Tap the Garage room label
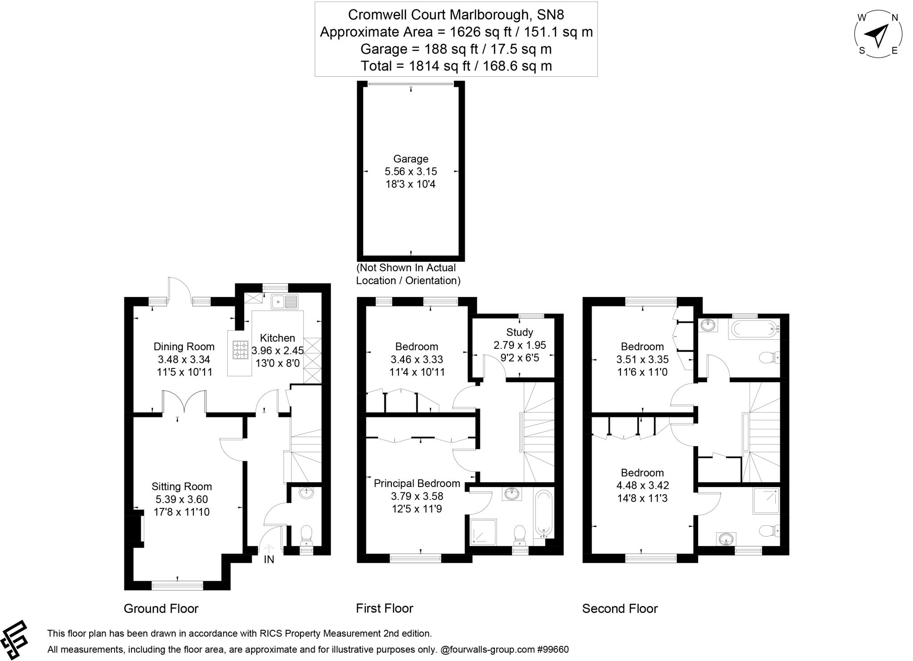(411, 159)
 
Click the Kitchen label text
(277, 338)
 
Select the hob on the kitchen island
(240, 350)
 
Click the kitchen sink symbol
(284, 302)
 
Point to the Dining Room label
(184, 347)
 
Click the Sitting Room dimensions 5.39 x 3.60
(181, 500)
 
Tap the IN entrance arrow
(269, 549)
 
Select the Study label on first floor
(519, 332)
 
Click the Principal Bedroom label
(417, 483)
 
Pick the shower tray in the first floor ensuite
(483, 532)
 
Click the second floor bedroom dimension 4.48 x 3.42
(642, 485)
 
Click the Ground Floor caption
(161, 608)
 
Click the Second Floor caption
(620, 608)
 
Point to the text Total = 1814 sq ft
(456, 66)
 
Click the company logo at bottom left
(14, 640)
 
